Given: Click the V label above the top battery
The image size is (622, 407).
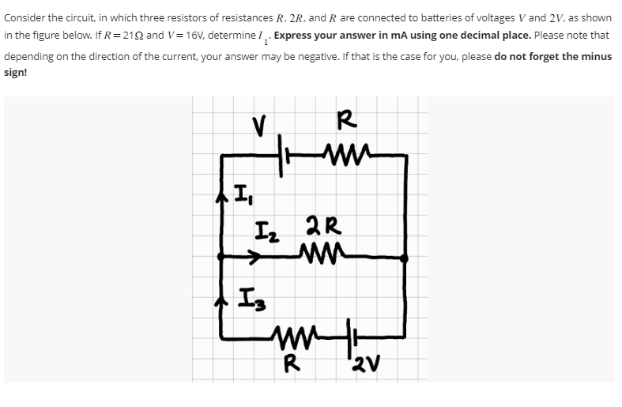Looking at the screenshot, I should (258, 125).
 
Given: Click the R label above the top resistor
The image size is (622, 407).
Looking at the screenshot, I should (345, 121).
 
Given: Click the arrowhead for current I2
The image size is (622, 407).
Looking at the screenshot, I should (255, 257).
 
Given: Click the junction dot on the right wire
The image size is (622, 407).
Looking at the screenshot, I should (405, 258).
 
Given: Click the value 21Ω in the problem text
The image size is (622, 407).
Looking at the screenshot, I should (126, 36).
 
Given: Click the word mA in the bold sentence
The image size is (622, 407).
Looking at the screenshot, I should (383, 36).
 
